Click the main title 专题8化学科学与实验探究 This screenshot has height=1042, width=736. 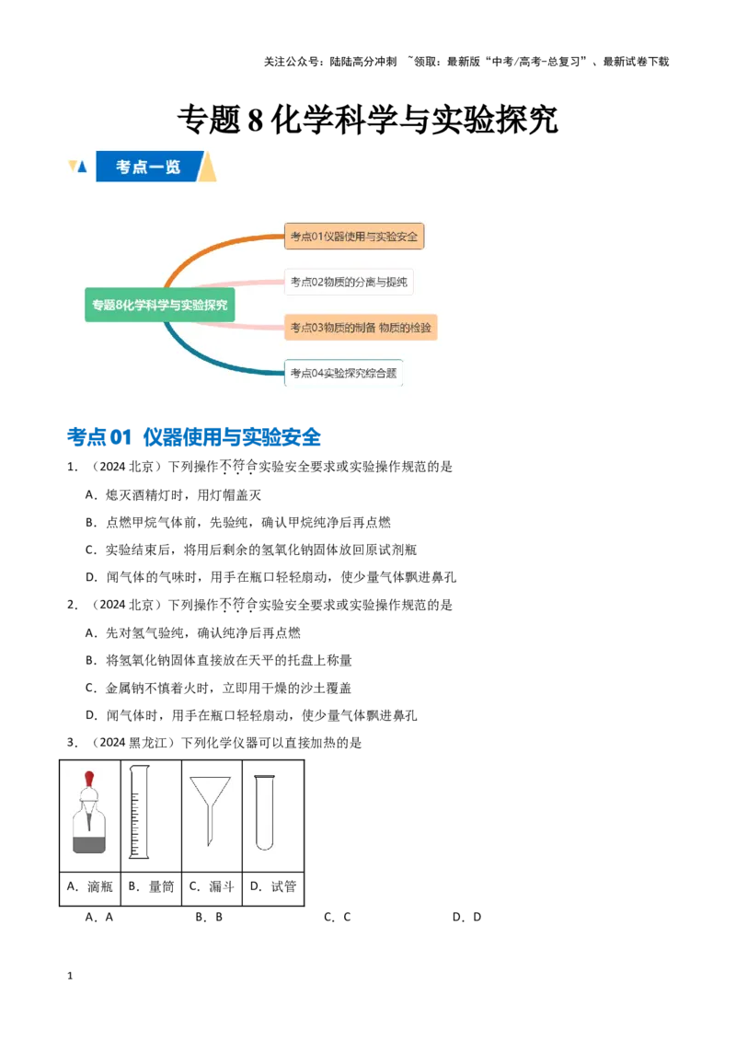[367, 121]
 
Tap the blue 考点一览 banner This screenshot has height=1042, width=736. [147, 166]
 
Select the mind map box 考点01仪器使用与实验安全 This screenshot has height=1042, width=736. [354, 237]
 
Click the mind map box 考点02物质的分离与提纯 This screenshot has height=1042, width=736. [349, 282]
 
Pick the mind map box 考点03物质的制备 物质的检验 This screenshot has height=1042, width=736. [361, 328]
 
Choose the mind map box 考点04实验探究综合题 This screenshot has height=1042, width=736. [343, 373]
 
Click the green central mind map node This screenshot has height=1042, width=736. [159, 305]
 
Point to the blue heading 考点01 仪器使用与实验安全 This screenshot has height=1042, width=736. [194, 437]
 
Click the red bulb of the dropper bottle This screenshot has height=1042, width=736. [89, 779]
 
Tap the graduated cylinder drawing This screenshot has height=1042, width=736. [139, 811]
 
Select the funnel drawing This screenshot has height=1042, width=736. [210, 810]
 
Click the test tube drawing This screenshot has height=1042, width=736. [264, 813]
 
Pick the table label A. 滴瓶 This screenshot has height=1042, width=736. [89, 886]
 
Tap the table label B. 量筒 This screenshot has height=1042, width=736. [151, 886]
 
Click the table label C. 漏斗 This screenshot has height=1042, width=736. [212, 886]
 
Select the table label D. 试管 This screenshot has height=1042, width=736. [273, 886]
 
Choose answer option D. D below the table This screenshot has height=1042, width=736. [467, 917]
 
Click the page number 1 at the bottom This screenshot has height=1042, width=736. [70, 976]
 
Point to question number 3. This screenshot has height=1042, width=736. [72, 742]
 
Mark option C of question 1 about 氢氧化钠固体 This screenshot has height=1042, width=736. [251, 550]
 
